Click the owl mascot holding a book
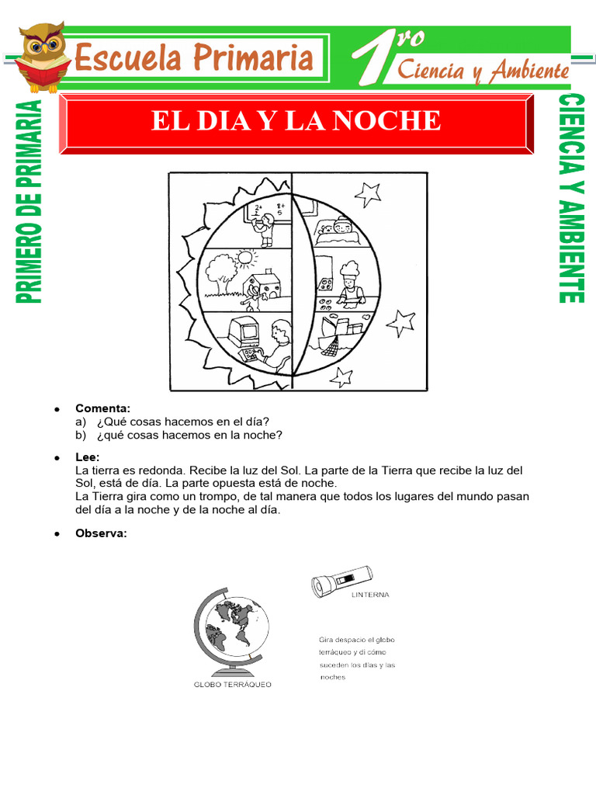tap(43, 56)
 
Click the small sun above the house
tap(244, 256)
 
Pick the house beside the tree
tap(265, 288)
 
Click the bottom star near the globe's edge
tap(341, 377)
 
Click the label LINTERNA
tap(369, 595)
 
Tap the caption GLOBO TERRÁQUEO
tap(232, 685)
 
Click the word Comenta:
tap(102, 408)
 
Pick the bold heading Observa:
tap(101, 533)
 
